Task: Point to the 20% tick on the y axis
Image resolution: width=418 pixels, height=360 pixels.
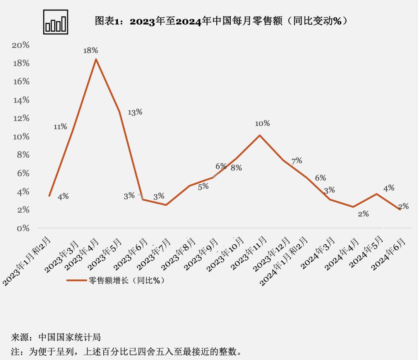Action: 21,45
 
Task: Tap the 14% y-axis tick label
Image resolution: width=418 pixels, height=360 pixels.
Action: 21,100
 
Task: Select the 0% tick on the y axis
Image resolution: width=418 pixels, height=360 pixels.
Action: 23,228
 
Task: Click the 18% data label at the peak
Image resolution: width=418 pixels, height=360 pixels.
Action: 91,50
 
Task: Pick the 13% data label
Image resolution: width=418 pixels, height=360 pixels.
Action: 135,112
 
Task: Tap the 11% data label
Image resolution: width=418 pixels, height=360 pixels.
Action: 60,127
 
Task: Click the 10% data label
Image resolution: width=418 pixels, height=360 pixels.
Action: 262,123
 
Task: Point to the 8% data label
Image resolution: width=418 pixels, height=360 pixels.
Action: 236,168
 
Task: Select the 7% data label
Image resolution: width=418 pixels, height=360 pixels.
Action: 297,161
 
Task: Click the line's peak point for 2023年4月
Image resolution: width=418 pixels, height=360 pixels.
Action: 96,59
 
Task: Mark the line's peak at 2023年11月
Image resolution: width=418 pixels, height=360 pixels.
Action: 259,135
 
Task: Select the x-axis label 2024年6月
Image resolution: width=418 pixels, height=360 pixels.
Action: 389,254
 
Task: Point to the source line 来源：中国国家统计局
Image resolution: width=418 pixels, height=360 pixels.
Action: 56,337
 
